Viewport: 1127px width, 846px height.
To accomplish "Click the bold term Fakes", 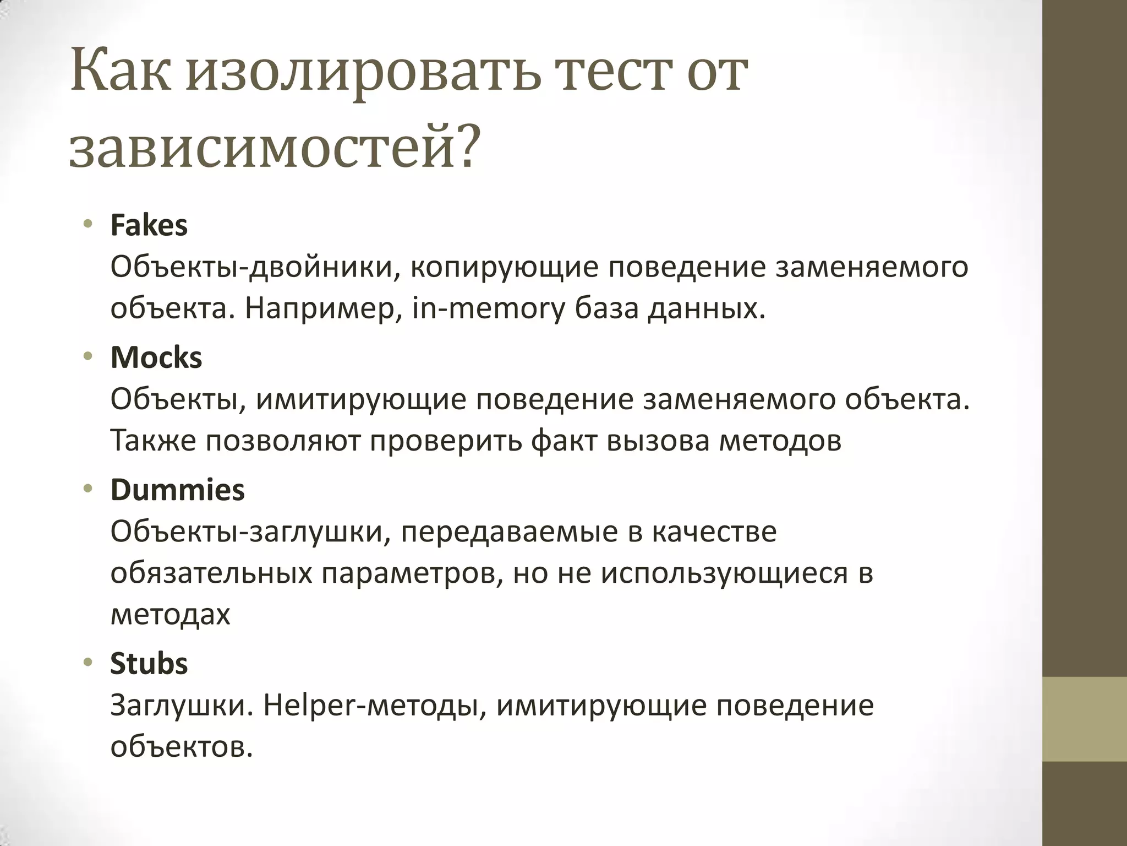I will tap(149, 225).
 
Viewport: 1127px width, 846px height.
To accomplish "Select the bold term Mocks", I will tap(156, 357).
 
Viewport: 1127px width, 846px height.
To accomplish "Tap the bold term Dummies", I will tap(177, 490).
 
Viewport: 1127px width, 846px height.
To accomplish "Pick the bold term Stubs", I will tap(149, 663).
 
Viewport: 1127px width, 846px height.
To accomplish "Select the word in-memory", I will tap(489, 309).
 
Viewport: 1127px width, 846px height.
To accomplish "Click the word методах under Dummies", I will tap(170, 615).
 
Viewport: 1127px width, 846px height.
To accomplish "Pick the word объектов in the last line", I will tap(181, 747).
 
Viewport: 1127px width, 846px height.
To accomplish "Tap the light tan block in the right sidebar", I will tap(1085, 719).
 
